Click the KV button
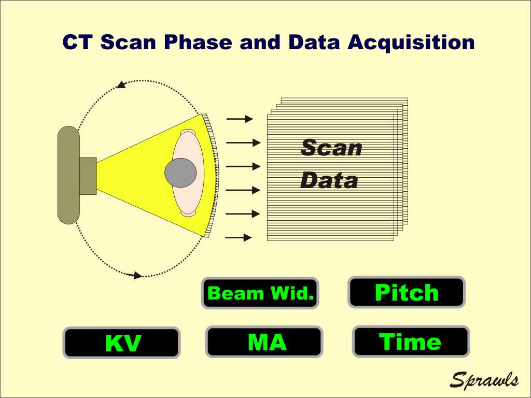click(x=121, y=343)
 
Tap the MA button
click(x=264, y=342)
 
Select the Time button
click(x=411, y=342)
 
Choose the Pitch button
click(x=407, y=292)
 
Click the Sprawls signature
click(x=484, y=379)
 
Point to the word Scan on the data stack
click(x=331, y=148)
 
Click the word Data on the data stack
click(x=329, y=180)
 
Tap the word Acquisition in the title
click(x=411, y=42)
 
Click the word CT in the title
click(x=78, y=42)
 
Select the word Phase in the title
click(x=198, y=42)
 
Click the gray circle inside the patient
click(x=180, y=173)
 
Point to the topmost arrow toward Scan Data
click(x=240, y=119)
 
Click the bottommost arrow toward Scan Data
click(x=239, y=237)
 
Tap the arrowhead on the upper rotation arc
click(x=121, y=84)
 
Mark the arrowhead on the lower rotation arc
click(x=137, y=275)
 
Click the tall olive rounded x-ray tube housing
click(x=69, y=175)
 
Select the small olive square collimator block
click(x=88, y=176)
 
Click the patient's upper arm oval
click(x=188, y=132)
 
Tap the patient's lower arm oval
click(x=188, y=213)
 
